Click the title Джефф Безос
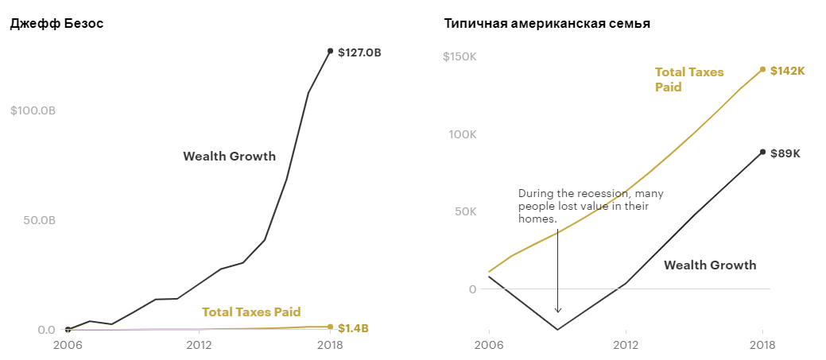coord(56,24)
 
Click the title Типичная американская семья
coord(547,24)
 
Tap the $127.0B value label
coord(359,52)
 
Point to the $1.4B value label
coord(353,328)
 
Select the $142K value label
coord(788,71)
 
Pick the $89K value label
coord(785,153)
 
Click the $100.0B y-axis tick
coord(33,110)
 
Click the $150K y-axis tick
coord(459,57)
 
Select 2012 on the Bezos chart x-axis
coord(199,346)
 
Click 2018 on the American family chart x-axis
coord(762,346)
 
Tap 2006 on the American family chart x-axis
coord(489,346)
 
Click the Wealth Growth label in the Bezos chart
coord(229,156)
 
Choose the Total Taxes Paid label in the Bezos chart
coord(251,312)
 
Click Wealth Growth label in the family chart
coord(710,265)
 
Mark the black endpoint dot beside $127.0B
coord(330,51)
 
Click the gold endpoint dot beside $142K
coord(762,69)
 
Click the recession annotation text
coord(591,206)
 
